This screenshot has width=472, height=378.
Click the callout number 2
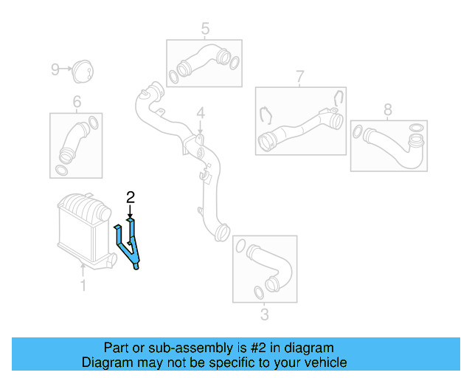[x=131, y=197]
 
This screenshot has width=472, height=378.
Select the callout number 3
[x=265, y=316]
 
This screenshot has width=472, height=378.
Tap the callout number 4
[x=199, y=114]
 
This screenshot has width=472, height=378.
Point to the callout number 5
[x=205, y=29]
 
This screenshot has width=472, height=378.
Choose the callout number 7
[x=300, y=76]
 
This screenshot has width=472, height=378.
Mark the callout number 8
[x=388, y=110]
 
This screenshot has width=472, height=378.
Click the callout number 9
[x=55, y=69]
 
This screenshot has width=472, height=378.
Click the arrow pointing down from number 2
[x=131, y=210]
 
